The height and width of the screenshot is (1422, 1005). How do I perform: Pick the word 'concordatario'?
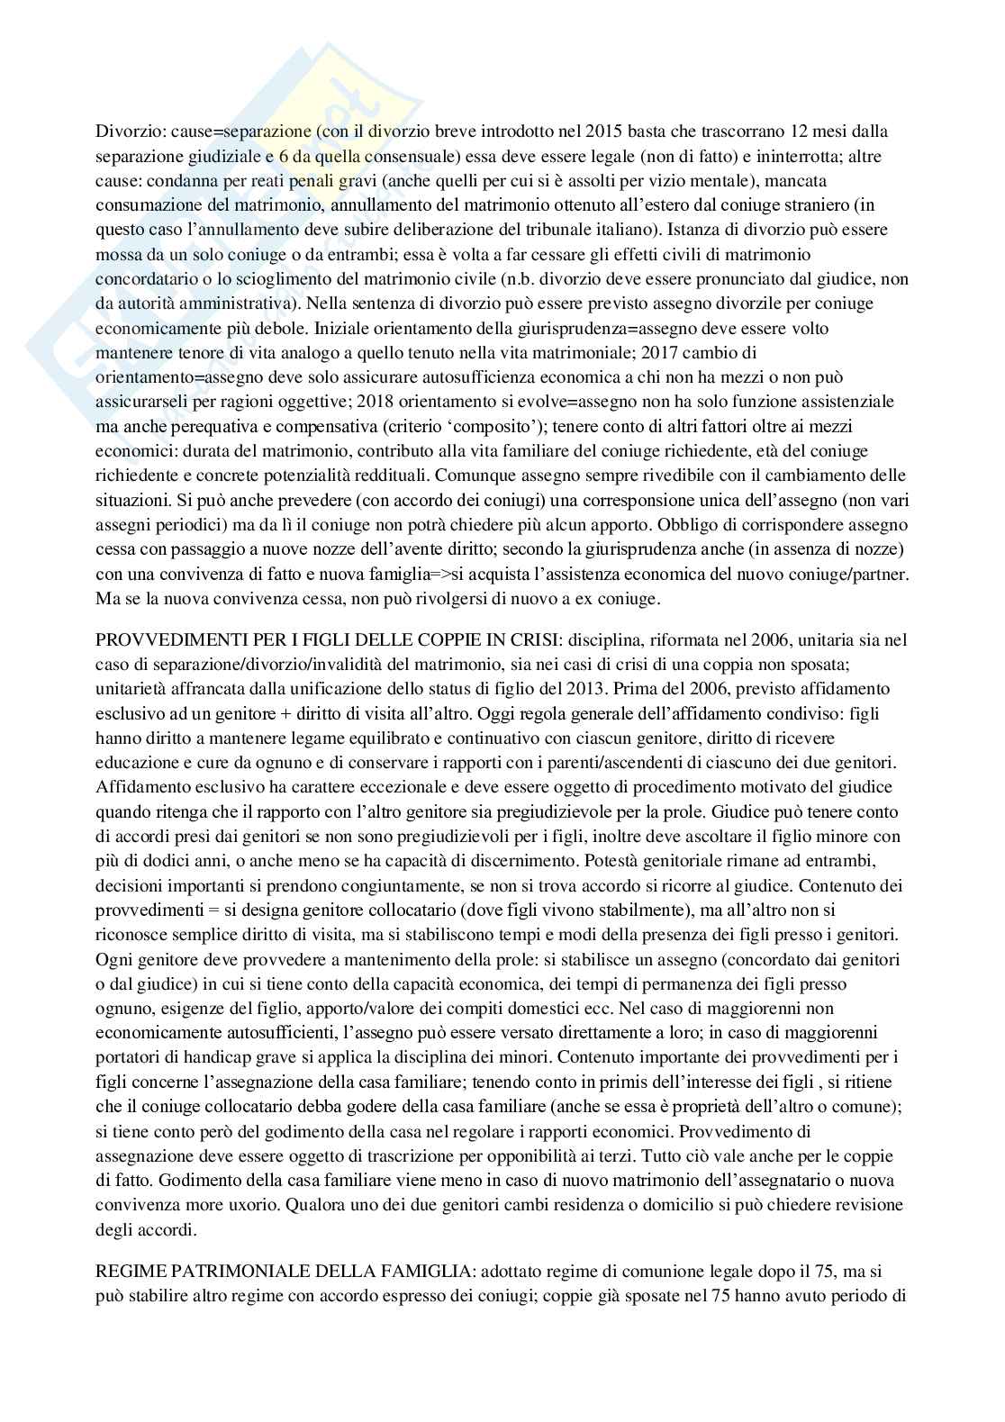[141, 278]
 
